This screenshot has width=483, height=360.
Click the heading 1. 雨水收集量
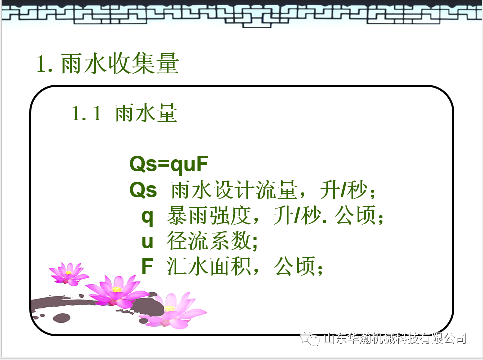click(x=108, y=65)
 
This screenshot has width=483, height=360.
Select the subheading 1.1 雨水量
click(x=124, y=114)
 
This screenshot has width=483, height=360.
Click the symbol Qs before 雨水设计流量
click(x=143, y=190)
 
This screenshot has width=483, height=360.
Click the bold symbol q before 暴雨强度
click(x=147, y=216)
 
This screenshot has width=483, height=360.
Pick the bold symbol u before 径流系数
click(x=147, y=242)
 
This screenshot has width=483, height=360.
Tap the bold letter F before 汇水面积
click(x=147, y=267)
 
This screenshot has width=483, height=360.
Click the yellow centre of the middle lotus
click(x=116, y=289)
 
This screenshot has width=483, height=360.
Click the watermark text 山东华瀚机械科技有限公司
click(x=395, y=339)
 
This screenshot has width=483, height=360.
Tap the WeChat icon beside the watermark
click(x=314, y=339)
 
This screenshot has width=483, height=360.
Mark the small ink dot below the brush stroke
click(x=61, y=317)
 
